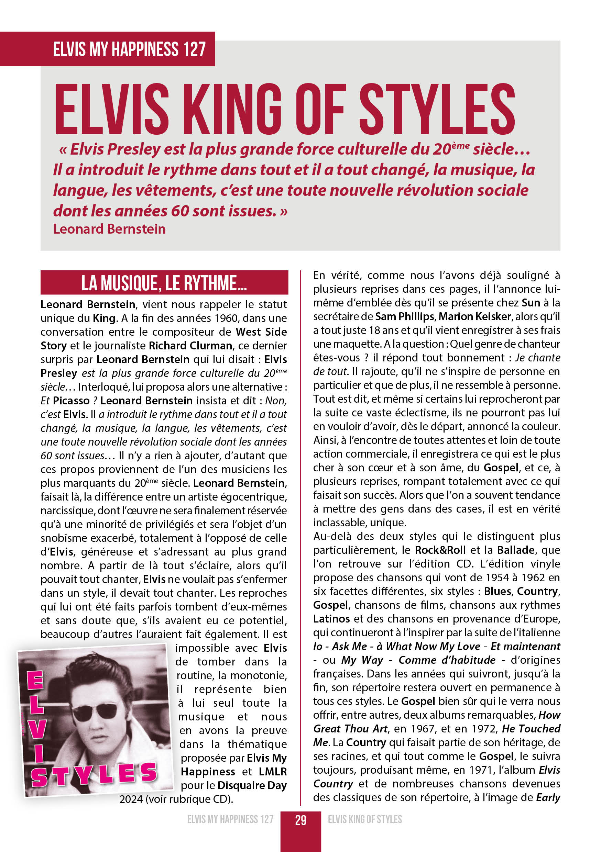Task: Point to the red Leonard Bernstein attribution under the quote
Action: (x=109, y=229)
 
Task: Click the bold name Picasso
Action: (x=71, y=401)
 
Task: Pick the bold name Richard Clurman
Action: (x=190, y=346)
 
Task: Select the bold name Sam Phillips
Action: (x=404, y=316)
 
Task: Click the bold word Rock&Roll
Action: (x=440, y=550)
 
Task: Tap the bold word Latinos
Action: (x=331, y=619)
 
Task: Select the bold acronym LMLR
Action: (x=273, y=772)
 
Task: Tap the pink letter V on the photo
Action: (x=37, y=729)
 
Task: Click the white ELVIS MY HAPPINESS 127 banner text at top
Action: (x=129, y=49)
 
